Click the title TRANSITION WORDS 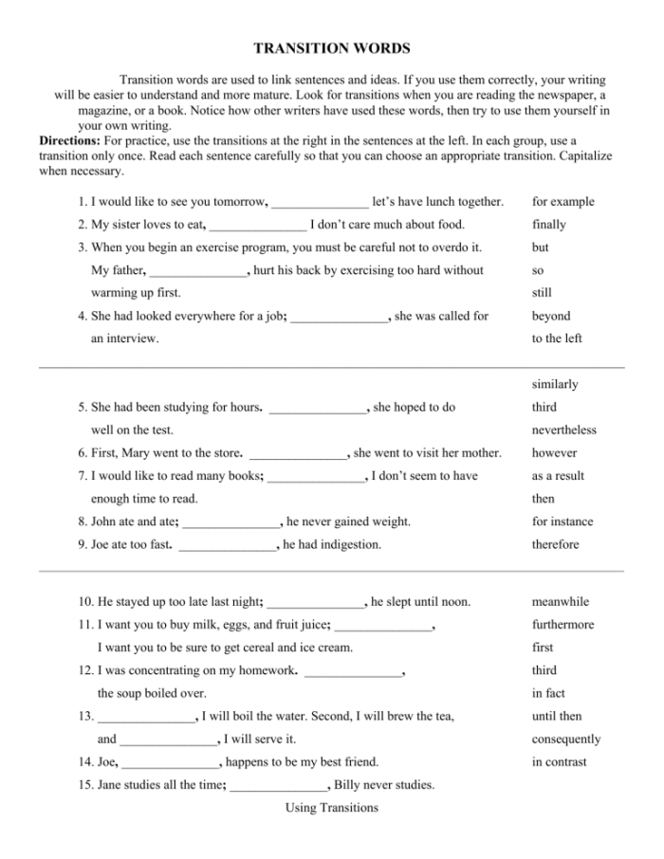pos(331,47)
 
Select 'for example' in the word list pos(563,202)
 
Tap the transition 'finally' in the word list pos(549,225)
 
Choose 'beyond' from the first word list pos(551,316)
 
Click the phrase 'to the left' pos(557,338)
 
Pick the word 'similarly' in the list pos(555,385)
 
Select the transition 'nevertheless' pos(564,430)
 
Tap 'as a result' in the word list pos(558,476)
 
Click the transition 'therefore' pos(555,544)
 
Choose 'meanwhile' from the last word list pos(561,602)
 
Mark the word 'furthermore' pos(563,625)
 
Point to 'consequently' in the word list pos(566,740)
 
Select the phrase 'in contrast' pos(560,762)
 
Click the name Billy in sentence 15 pos(350,785)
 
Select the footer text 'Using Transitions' pos(331,808)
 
